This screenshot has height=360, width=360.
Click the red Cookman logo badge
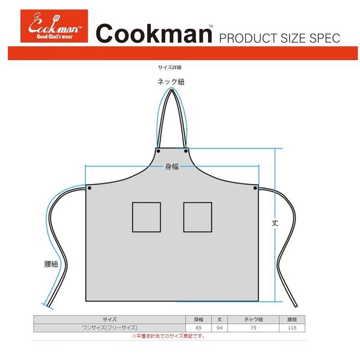[x=54, y=26]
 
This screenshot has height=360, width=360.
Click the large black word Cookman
[x=154, y=34]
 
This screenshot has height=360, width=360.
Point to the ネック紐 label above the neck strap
[x=171, y=82]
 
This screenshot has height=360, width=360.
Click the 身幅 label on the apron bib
[x=172, y=166]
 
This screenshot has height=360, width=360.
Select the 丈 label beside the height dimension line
[x=275, y=223]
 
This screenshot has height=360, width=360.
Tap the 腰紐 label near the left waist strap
[x=51, y=264]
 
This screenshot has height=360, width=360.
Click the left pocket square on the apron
[x=147, y=217]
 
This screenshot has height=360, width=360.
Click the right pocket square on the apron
[x=198, y=217]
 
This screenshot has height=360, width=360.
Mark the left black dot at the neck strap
[x=158, y=151]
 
